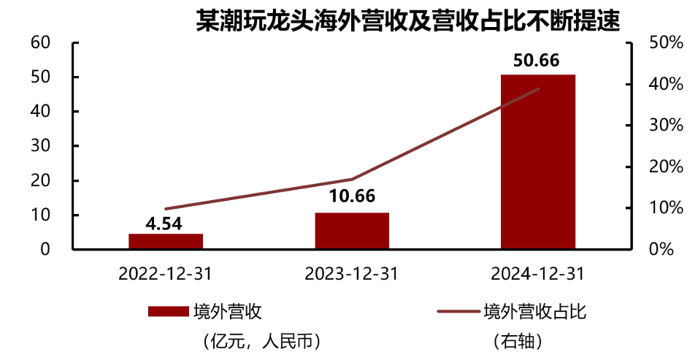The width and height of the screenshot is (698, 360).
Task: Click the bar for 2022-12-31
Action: coord(166,241)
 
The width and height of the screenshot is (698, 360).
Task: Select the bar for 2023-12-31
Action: coord(352,231)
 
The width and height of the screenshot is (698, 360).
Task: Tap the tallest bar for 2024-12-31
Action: coord(538,161)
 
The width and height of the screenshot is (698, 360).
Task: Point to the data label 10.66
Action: coord(352,197)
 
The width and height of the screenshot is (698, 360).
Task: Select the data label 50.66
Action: coord(537,60)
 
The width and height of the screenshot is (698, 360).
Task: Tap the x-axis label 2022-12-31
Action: coord(166,274)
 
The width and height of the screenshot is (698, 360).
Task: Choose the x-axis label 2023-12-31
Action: coord(352,274)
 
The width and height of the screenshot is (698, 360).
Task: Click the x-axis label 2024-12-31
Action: coord(538,274)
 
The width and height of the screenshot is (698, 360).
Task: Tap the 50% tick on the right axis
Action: coord(665,42)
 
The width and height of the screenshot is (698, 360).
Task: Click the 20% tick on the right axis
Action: coord(665,166)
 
